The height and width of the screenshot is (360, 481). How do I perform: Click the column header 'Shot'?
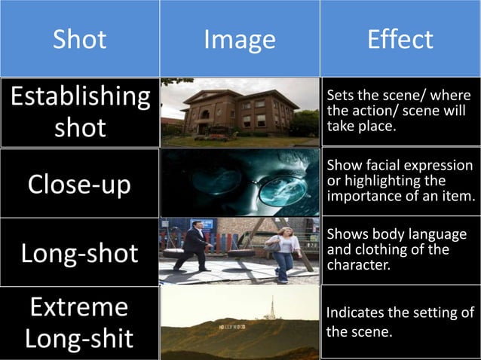[x=79, y=38]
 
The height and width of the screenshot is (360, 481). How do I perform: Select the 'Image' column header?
[x=240, y=38]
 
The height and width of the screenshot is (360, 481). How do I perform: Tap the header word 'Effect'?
[x=400, y=38]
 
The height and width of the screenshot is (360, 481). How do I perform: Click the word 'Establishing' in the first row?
[x=80, y=97]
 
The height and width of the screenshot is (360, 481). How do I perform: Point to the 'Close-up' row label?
[x=80, y=185]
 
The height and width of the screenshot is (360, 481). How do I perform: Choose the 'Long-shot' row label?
[x=80, y=253]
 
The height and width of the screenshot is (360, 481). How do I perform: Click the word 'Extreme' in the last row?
[x=80, y=307]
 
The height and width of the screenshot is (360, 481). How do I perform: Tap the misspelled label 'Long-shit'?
[x=80, y=337]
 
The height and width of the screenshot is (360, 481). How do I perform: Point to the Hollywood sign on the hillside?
[x=231, y=328]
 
